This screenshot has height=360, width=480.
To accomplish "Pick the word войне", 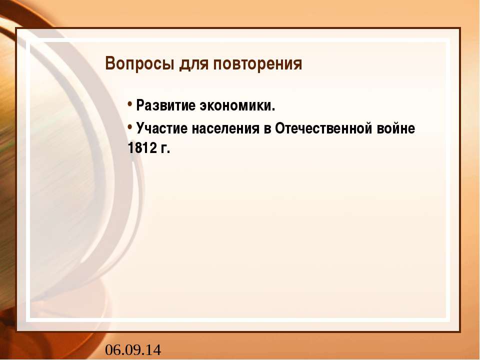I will [399, 128].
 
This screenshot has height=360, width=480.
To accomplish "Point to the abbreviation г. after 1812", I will [166, 149].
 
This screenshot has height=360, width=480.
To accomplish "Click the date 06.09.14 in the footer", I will [133, 350].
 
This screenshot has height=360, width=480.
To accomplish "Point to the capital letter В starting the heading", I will [110, 64].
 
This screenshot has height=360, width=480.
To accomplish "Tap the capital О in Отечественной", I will [276, 128].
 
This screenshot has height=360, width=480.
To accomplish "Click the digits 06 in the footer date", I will [112, 350].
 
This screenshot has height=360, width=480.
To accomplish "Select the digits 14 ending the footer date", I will [153, 350].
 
